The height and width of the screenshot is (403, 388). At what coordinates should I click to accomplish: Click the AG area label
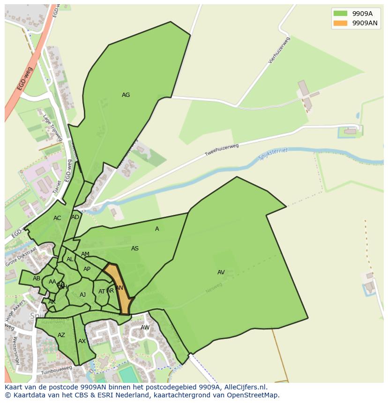pos(126,95)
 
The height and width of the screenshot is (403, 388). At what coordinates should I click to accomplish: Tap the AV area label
pos(221,272)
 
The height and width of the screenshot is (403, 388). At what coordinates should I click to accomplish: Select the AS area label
pos(135,249)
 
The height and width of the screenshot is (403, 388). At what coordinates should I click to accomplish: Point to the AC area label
pos(57,218)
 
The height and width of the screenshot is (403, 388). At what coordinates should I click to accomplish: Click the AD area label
pos(75,217)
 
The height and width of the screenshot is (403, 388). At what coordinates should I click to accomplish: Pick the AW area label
pos(145,328)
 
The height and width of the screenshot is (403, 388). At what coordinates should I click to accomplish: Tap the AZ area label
pos(61,335)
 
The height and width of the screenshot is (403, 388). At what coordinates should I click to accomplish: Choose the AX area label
pos(82,341)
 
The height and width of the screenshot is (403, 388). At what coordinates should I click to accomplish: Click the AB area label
pos(37,278)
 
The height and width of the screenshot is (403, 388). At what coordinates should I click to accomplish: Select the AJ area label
pos(82,294)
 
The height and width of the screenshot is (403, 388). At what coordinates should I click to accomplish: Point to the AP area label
pos(87,269)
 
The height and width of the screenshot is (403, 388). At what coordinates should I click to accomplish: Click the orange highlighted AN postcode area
pos(119,288)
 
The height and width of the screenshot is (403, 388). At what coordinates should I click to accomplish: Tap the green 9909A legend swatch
pos(340,14)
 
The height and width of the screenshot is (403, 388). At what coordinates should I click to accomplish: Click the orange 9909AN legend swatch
pos(340,23)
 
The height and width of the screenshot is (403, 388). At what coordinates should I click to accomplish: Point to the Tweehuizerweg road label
pos(222,150)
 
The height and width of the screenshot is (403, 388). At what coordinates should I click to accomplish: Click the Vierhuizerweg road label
pos(280,56)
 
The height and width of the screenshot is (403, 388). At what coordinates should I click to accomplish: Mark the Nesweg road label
pos(213,288)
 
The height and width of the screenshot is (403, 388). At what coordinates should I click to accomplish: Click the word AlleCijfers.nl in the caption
pos(244,387)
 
